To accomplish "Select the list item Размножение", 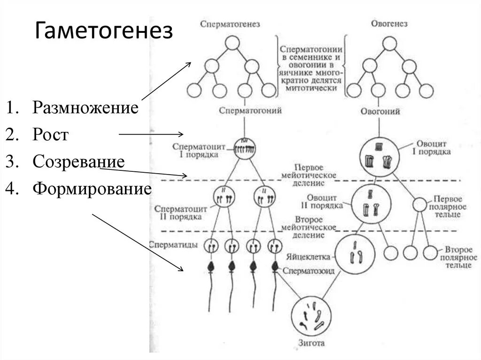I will (x=85, y=108).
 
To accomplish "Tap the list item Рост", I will (x=51, y=135).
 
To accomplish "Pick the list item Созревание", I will (x=78, y=162).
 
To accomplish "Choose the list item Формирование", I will (x=92, y=189).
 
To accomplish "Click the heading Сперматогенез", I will (x=230, y=23).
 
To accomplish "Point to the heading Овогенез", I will (x=389, y=23).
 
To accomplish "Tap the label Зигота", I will (x=311, y=344).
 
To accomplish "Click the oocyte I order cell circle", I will (x=379, y=156).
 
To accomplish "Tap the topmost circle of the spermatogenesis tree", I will (x=232, y=43).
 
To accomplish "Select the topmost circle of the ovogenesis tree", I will (x=389, y=43).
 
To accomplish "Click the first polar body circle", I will (x=419, y=205).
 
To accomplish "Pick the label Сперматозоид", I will (x=305, y=271).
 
